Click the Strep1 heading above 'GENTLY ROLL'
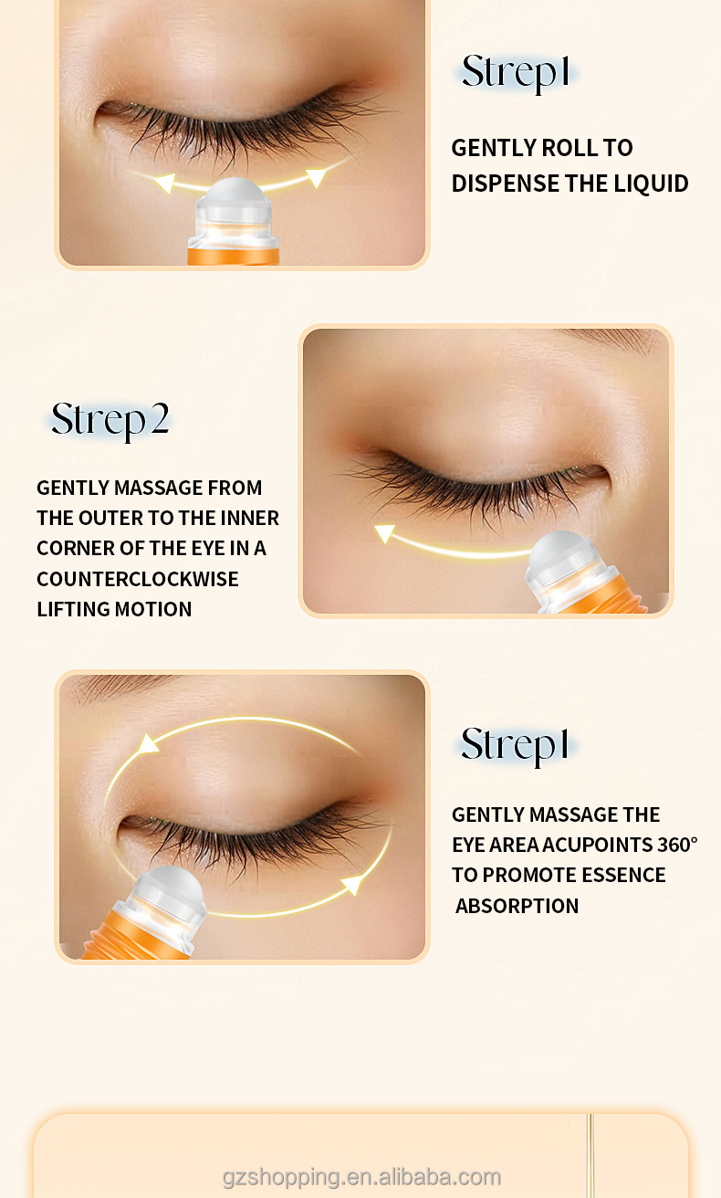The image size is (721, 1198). pyautogui.click(x=516, y=72)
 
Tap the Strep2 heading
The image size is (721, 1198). pyautogui.click(x=110, y=419)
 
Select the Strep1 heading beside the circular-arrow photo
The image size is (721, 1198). pyautogui.click(x=516, y=744)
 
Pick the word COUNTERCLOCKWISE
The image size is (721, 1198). pyautogui.click(x=137, y=579)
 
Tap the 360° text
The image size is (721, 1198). pyautogui.click(x=677, y=845)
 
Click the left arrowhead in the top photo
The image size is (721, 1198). pyautogui.click(x=164, y=184)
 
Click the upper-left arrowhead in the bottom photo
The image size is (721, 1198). pyautogui.click(x=148, y=744)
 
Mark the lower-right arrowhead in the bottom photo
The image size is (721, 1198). pyautogui.click(x=352, y=884)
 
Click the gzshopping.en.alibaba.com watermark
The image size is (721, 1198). pyautogui.click(x=361, y=1177)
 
